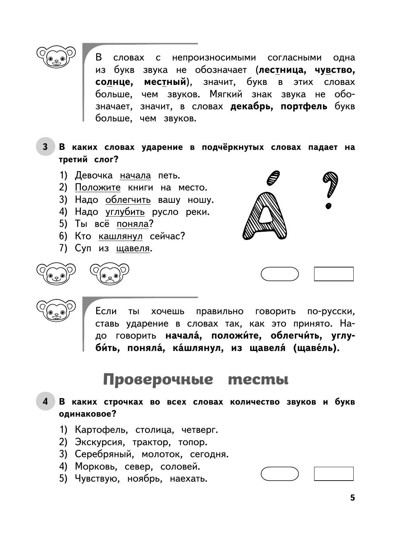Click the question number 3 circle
(x=45, y=147)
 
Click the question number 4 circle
(x=45, y=401)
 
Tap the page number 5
(x=352, y=498)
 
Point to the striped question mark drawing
(x=330, y=190)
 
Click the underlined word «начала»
(x=135, y=175)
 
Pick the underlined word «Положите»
(x=98, y=187)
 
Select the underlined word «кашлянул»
(x=120, y=236)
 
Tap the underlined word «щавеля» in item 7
(x=133, y=248)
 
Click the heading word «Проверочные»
(x=158, y=380)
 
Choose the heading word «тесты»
(x=258, y=380)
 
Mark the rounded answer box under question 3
(x=280, y=274)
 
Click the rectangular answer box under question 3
(x=334, y=274)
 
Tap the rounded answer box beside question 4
(x=280, y=474)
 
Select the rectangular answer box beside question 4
(x=334, y=474)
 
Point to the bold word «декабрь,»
(x=252, y=106)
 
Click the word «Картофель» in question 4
(x=101, y=430)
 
